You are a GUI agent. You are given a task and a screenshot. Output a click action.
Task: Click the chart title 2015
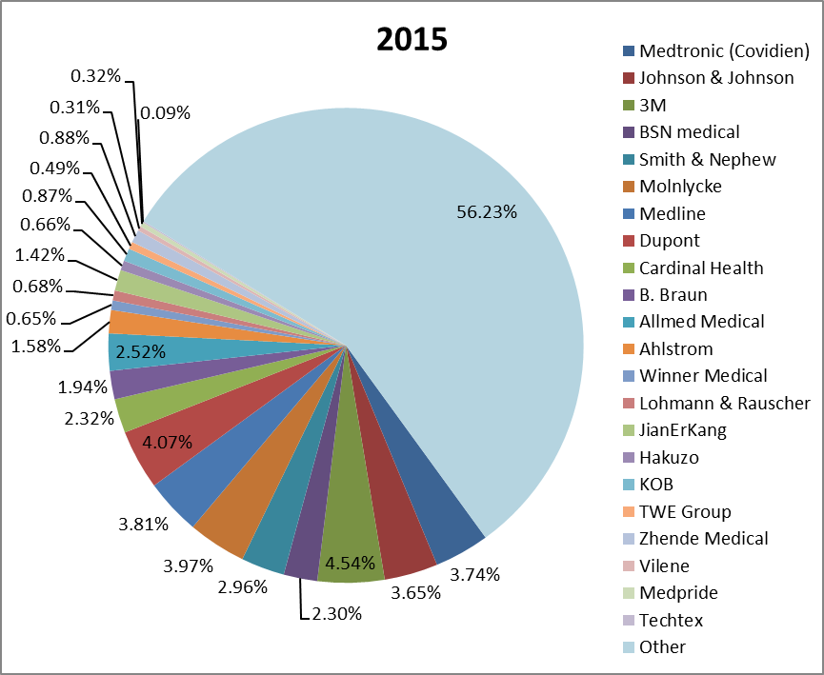412,40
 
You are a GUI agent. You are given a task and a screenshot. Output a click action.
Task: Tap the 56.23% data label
487,212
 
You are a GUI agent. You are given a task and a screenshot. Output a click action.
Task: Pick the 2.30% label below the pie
336,614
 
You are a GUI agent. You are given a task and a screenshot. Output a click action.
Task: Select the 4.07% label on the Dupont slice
167,442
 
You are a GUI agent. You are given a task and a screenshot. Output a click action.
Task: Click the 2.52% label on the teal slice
140,352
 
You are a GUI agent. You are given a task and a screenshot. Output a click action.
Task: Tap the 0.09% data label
165,112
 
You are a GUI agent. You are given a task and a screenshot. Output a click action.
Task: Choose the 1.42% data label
39,254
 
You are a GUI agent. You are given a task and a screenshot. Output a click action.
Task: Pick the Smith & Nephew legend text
707,159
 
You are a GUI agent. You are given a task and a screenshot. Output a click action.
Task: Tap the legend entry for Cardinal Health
701,268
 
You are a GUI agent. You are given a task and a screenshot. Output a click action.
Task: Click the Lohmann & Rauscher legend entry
724,403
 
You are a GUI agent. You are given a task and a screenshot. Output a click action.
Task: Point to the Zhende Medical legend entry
703,538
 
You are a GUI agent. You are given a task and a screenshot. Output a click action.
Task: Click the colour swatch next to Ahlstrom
628,349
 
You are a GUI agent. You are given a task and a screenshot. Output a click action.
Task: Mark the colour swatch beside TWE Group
628,511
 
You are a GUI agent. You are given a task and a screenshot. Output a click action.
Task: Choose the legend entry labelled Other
662,646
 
